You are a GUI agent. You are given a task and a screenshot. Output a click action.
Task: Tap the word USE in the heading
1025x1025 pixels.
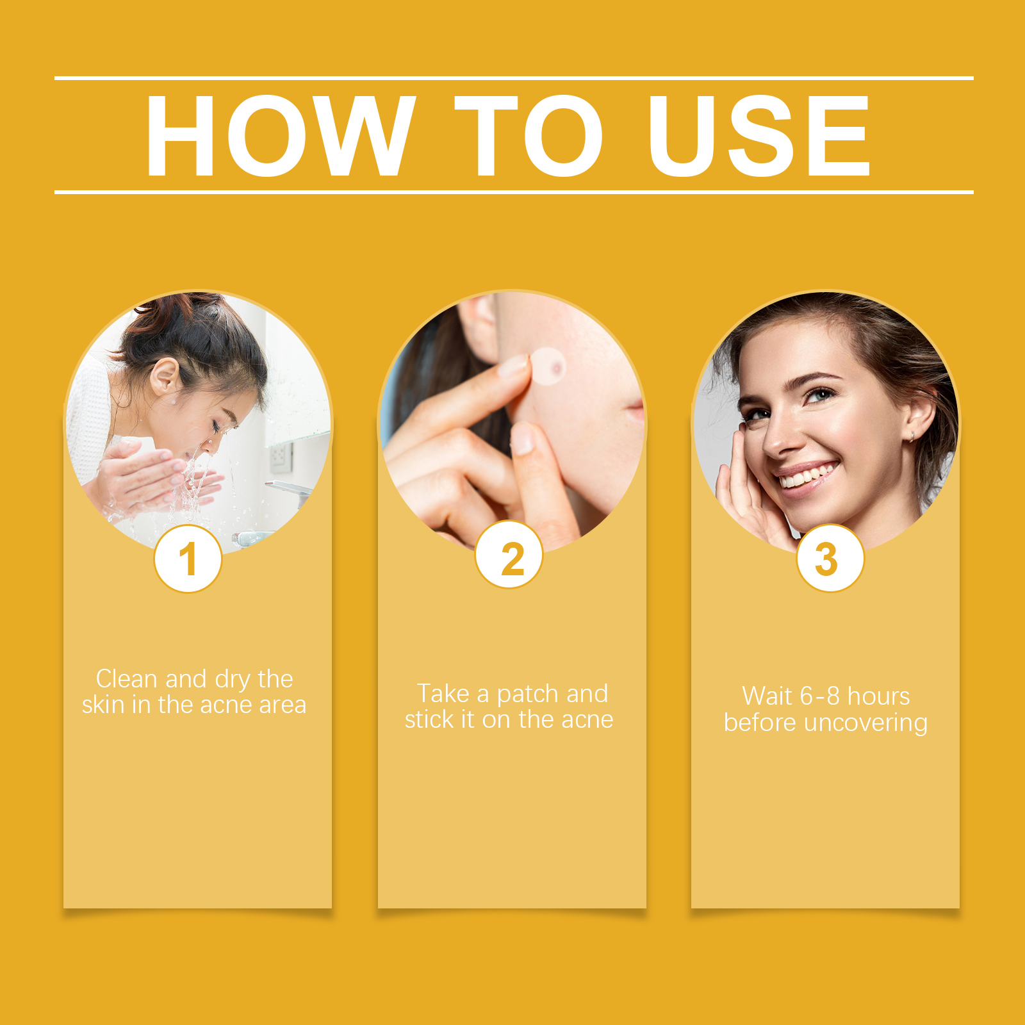click(x=759, y=136)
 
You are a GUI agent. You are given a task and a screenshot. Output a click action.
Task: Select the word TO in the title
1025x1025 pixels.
click(x=529, y=136)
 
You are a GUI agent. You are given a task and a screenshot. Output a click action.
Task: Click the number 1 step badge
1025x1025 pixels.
click(x=188, y=559)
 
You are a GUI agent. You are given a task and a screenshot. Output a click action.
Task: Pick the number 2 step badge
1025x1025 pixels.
click(x=509, y=555)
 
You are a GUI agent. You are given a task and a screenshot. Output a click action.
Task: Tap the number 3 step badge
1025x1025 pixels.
click(x=830, y=558)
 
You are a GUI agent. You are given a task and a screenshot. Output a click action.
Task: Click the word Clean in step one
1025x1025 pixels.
click(x=126, y=678)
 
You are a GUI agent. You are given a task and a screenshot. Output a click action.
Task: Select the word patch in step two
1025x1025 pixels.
click(x=527, y=694)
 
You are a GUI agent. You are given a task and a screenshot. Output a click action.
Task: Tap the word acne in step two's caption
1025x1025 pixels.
click(x=587, y=720)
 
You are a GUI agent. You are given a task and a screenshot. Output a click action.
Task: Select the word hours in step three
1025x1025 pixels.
click(x=878, y=696)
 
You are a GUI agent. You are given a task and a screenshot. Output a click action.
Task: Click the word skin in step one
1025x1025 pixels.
click(x=103, y=705)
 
